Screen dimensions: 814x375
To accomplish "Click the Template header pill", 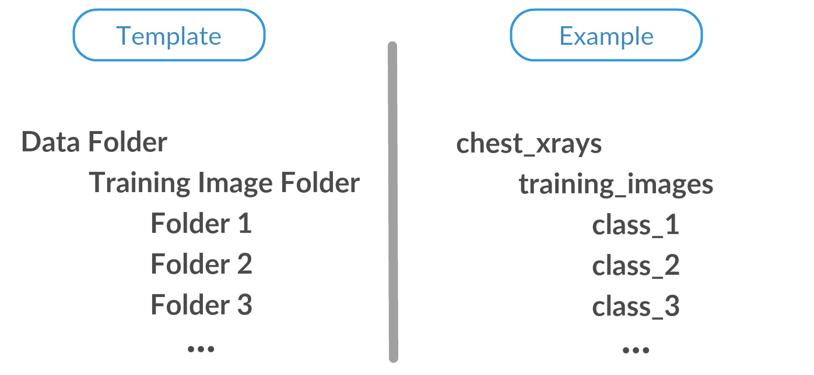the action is click(x=169, y=36).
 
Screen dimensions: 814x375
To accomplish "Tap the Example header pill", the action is click(x=606, y=36).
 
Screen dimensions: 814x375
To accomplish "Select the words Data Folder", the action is click(x=94, y=142).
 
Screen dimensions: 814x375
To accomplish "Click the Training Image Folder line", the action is click(x=224, y=183).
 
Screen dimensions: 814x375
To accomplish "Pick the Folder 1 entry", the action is click(x=201, y=224).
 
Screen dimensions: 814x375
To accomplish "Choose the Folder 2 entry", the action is click(x=201, y=264).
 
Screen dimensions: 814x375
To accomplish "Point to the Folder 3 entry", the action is click(x=201, y=305).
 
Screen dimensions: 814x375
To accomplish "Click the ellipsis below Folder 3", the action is click(x=201, y=348).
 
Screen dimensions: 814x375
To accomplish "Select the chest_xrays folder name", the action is click(x=528, y=144).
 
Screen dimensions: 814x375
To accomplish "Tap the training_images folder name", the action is click(x=616, y=185).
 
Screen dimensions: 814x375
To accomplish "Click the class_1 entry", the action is click(x=636, y=225).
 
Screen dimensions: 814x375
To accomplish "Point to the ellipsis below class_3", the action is click(x=636, y=350).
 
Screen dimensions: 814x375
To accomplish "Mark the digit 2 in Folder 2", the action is click(x=244, y=264).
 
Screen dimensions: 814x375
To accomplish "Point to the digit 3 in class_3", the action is click(x=672, y=306).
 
